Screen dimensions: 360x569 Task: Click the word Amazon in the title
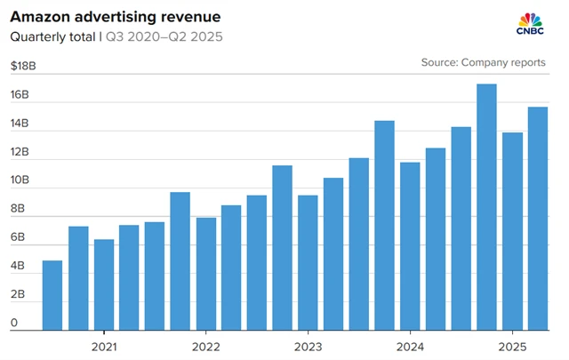[x=42, y=17]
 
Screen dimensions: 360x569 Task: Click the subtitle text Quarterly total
[x=51, y=37]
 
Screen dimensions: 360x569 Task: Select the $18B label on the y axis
[x=23, y=66]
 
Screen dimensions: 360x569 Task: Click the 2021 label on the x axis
[x=104, y=347]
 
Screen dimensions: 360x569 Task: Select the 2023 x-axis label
[x=308, y=347]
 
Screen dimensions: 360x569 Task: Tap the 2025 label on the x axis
[x=512, y=347]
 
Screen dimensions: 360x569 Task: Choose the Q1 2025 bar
[x=512, y=231]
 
